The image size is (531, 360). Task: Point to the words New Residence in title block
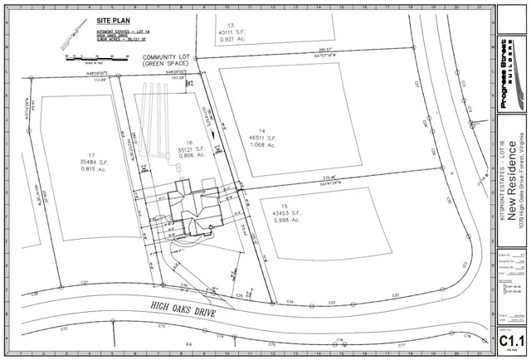pos(513,183)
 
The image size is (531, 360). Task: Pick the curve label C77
pos(400,343)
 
